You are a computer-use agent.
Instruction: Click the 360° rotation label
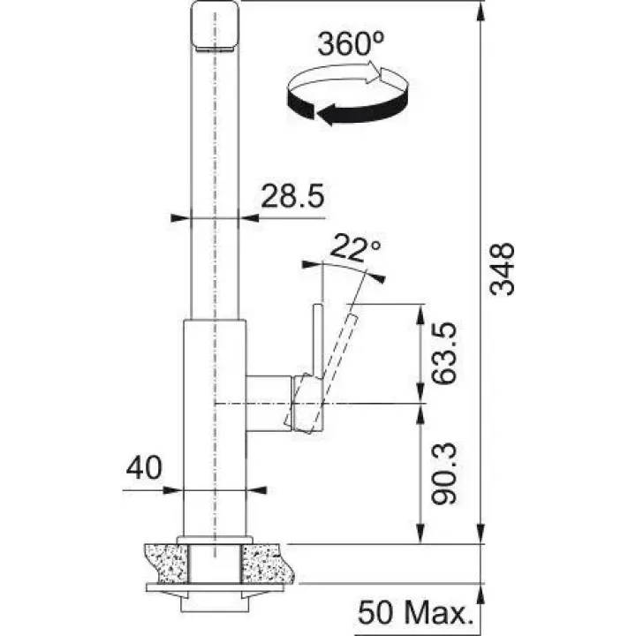tap(351, 44)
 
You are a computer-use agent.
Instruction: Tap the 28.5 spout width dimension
tap(292, 196)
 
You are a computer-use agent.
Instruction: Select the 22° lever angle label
tap(355, 248)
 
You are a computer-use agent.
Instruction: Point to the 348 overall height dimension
tap(502, 269)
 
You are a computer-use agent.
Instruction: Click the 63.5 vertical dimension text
tap(443, 353)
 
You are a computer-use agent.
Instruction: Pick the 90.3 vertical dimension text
tap(443, 473)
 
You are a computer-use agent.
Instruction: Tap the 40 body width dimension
tap(144, 467)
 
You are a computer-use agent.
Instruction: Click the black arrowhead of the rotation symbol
tap(328, 114)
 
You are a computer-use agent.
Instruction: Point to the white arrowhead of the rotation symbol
tap(375, 73)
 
